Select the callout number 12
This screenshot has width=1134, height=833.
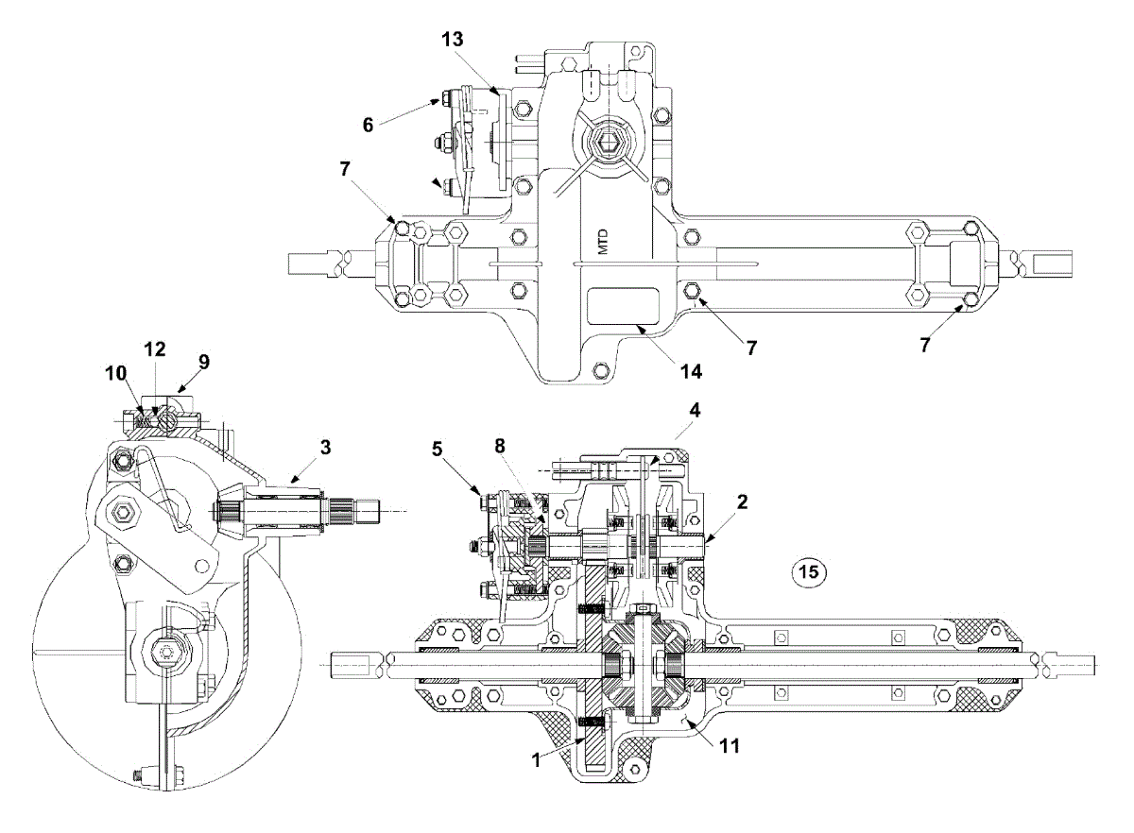pos(154,348)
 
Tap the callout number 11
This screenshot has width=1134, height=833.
pos(730,744)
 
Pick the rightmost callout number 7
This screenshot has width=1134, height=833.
pos(924,345)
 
